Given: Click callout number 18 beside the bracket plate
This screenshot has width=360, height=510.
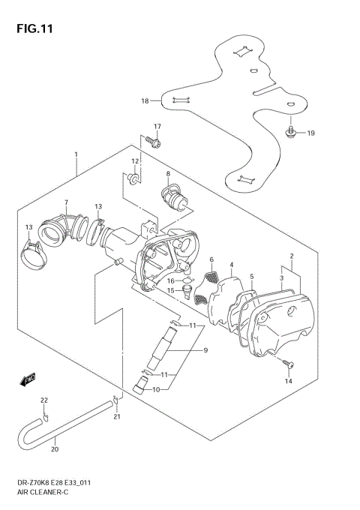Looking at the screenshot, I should click(x=145, y=100).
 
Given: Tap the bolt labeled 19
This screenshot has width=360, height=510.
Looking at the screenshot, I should click(x=290, y=133).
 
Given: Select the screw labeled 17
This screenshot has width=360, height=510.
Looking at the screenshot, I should click(x=154, y=140).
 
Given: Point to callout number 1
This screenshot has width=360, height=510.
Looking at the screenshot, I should click(x=76, y=155).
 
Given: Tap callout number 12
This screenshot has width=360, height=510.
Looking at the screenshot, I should click(x=135, y=161).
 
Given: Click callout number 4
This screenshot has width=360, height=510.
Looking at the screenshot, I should click(x=232, y=264).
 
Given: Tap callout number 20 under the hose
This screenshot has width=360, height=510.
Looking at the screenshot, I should click(x=54, y=451).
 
